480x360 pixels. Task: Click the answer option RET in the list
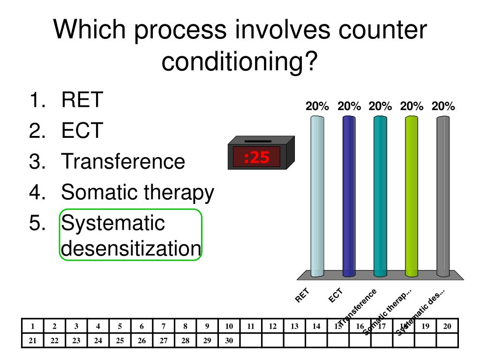82,100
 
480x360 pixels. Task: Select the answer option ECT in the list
82,130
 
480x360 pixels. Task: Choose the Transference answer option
123,162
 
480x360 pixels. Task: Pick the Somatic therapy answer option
137,192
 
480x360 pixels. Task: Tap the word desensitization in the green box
131,248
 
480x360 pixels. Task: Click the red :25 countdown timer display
256,157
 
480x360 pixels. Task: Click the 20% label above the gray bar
443,107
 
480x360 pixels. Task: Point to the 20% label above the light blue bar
317,107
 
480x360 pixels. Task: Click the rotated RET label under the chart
302,295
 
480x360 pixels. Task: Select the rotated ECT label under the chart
336,295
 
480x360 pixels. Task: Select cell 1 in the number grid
33,327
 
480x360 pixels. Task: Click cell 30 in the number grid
229,341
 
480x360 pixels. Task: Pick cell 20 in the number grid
447,327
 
